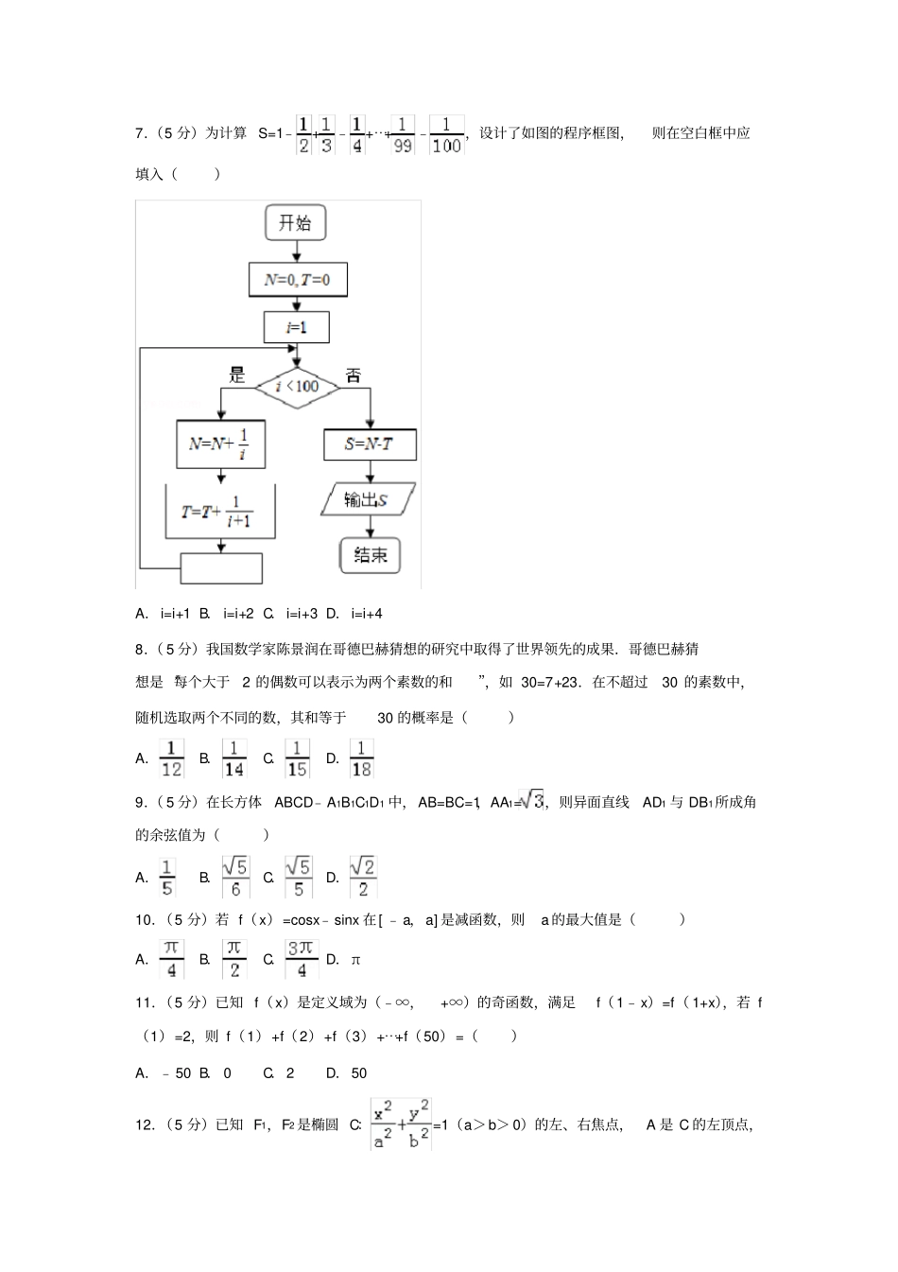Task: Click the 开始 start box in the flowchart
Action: (296, 224)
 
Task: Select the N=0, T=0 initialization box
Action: (297, 280)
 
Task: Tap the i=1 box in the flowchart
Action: (297, 327)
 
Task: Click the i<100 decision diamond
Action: (297, 386)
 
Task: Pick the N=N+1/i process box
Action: (220, 444)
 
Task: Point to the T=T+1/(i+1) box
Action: (220, 512)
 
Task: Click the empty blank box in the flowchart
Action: (221, 567)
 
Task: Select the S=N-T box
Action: (370, 444)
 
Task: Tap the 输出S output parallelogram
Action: (369, 499)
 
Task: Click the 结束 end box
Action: (370, 554)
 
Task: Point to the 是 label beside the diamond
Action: (237, 375)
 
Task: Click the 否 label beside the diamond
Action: (353, 375)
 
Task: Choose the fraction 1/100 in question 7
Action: (445, 134)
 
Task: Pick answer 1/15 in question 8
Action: (297, 758)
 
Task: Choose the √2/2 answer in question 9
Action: (363, 877)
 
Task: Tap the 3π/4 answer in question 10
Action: (302, 958)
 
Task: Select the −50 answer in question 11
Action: (175, 1072)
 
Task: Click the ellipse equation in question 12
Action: (402, 1124)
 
